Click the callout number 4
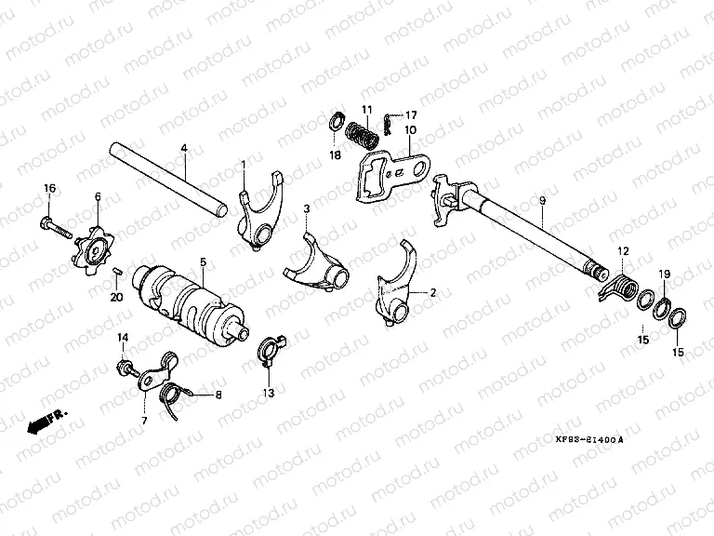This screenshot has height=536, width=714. pyautogui.click(x=184, y=149)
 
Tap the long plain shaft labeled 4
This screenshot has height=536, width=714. pyautogui.click(x=167, y=177)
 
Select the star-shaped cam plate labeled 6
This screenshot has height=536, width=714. pyautogui.click(x=95, y=247)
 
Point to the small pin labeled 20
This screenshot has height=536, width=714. pyautogui.click(x=117, y=272)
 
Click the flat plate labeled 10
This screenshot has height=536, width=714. pyautogui.click(x=390, y=177)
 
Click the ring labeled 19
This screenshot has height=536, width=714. pyautogui.click(x=664, y=306)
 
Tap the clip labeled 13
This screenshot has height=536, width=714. pyautogui.click(x=268, y=349)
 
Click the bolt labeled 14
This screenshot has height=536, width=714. pyautogui.click(x=122, y=369)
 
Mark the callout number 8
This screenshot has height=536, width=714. pyautogui.click(x=219, y=395)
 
